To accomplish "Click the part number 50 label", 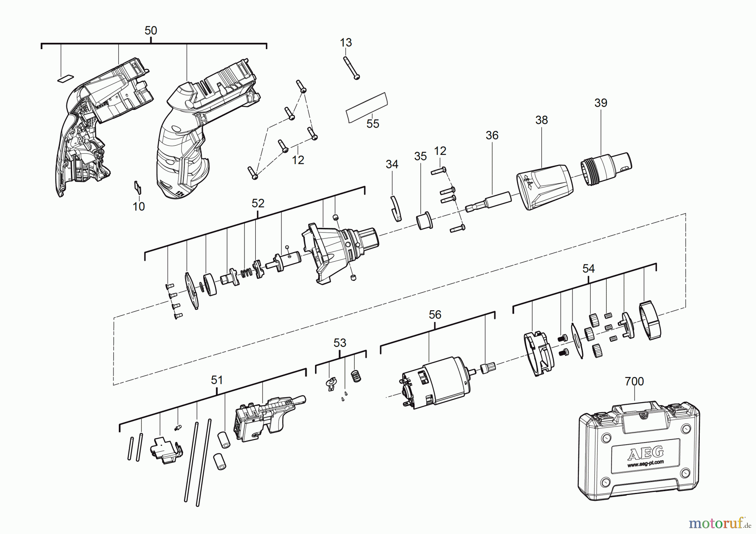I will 151,31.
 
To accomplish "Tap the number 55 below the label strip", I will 373,124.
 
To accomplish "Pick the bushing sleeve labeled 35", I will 424,220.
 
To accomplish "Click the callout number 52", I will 258,203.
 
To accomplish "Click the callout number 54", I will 588,269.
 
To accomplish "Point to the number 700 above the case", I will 634,381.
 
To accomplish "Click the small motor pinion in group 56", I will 489,369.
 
